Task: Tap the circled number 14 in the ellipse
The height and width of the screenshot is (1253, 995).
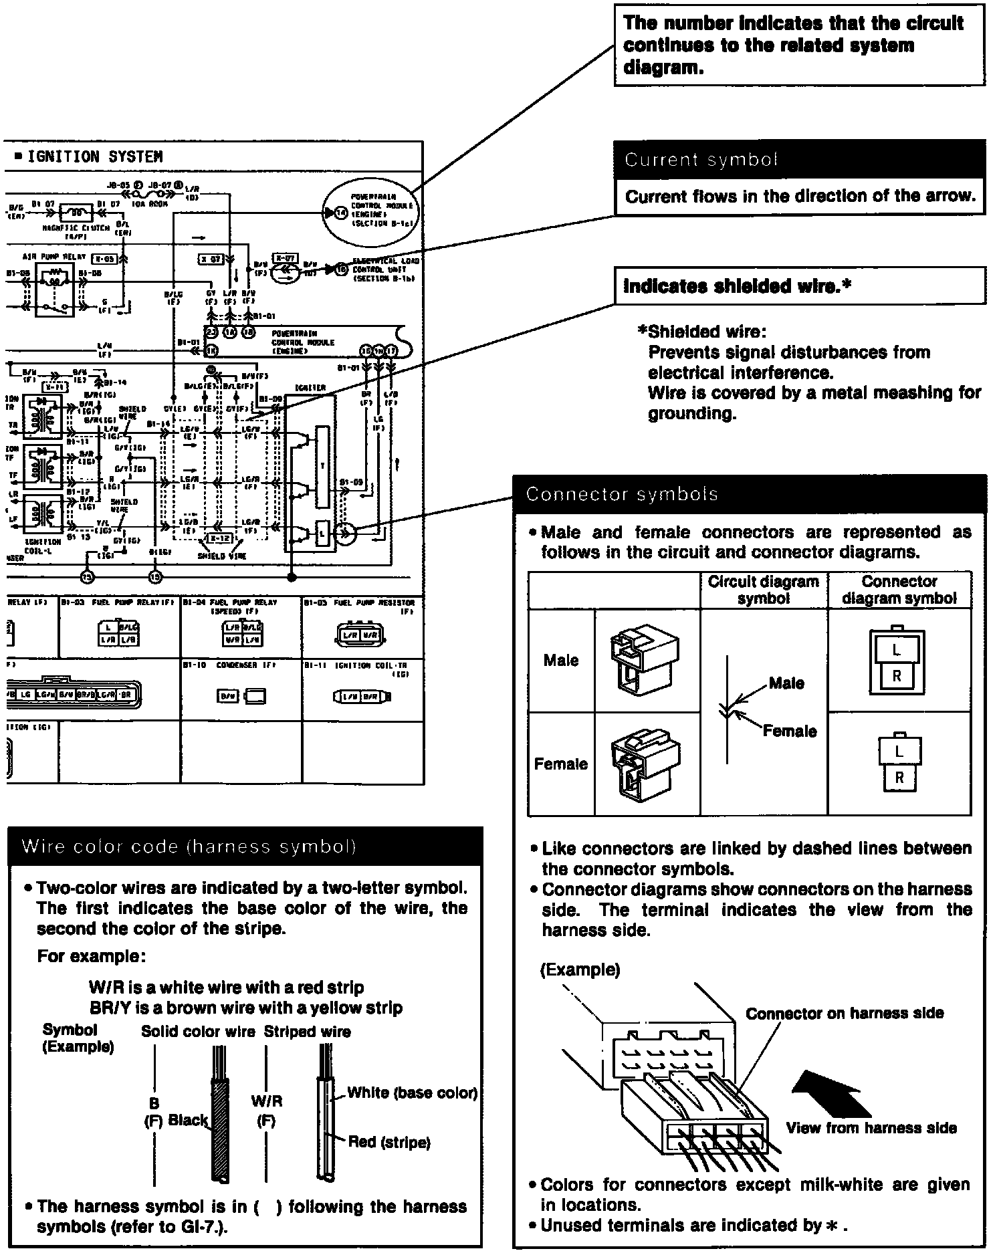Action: tap(341, 213)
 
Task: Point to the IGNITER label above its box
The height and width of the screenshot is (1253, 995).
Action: tap(310, 387)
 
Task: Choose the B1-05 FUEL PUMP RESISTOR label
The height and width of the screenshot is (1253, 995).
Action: tap(359, 602)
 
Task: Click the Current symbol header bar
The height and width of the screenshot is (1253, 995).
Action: tap(799, 160)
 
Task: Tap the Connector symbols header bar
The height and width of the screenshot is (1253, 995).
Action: tap(749, 494)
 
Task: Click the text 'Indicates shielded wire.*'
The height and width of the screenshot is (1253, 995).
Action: tap(737, 286)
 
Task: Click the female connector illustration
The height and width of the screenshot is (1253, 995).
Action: tap(646, 764)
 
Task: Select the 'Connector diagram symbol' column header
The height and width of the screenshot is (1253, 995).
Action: tap(899, 590)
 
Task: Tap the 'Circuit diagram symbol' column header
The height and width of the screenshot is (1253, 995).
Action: tap(763, 590)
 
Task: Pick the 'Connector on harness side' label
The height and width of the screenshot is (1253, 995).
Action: tap(845, 1014)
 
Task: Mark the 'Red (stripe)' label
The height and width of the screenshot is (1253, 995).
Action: tap(389, 1142)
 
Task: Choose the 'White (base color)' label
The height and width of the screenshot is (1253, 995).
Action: tap(412, 1093)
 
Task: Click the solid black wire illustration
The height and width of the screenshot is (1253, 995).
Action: tap(220, 1130)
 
